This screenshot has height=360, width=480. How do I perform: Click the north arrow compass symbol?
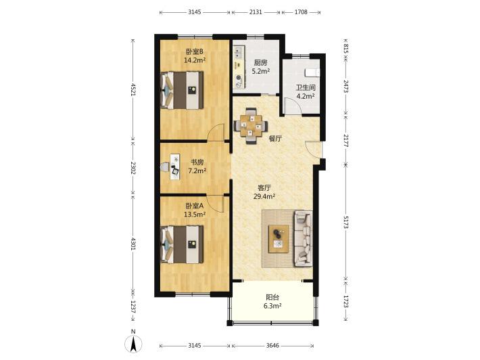point(133,344)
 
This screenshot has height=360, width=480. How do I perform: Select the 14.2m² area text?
point(195,60)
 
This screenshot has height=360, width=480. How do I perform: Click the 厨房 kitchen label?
point(260,63)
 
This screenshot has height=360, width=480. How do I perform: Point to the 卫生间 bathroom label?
point(306,87)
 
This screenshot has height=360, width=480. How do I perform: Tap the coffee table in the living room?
point(279,239)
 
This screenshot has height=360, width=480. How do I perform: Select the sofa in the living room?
point(304,238)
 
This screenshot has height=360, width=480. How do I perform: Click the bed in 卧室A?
point(182,244)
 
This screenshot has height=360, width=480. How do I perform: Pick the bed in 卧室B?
point(182,90)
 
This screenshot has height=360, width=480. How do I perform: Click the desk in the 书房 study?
point(175,166)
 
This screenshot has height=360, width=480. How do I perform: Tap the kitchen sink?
point(239,53)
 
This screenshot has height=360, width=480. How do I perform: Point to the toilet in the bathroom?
point(312,72)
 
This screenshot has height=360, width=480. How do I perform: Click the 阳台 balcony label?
point(272,297)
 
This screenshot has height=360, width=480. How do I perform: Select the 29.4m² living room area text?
point(264,196)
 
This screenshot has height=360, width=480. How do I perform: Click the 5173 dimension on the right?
point(345,222)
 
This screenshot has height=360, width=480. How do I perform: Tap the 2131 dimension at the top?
point(256,12)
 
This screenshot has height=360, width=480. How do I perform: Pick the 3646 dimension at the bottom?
point(272,346)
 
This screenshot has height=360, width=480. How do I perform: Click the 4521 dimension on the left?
point(133,89)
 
